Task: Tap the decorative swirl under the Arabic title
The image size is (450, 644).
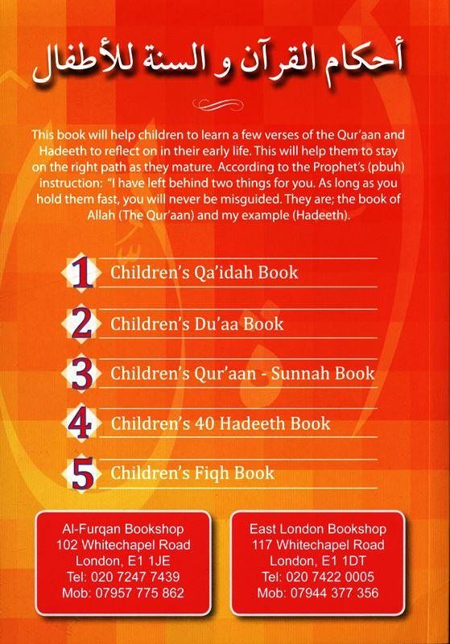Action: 225,101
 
